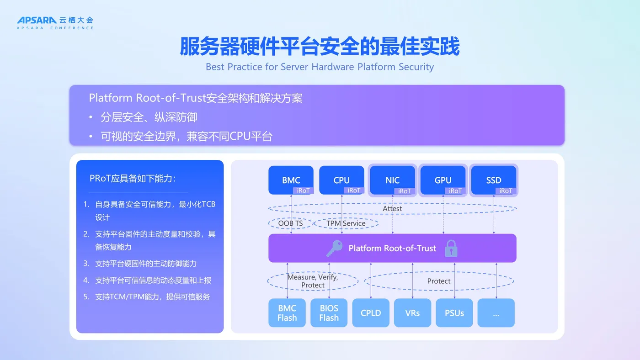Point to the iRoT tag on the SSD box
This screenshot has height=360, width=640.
tap(506, 191)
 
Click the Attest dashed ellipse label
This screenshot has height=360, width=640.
tap(392, 208)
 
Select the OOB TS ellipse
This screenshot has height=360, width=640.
tap(291, 223)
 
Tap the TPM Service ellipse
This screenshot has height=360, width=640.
tap(346, 223)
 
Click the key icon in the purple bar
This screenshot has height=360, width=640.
tap(334, 249)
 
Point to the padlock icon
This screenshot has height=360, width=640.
tap(451, 249)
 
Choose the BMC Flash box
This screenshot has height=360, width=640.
tap(287, 313)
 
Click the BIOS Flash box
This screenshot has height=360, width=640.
tap(329, 313)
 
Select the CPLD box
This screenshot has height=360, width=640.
tap(371, 313)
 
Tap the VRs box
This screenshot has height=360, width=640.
tap(412, 313)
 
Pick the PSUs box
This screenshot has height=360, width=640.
tap(454, 313)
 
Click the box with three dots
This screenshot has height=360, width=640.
tap(496, 313)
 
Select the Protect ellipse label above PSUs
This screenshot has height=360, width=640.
tap(439, 281)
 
